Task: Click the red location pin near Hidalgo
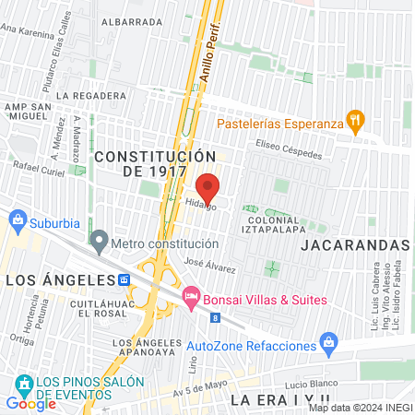(208, 186)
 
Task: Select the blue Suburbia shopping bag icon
(17, 219)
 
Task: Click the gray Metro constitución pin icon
(100, 243)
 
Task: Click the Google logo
(30, 403)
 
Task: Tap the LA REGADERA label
(90, 95)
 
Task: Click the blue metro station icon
(124, 279)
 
